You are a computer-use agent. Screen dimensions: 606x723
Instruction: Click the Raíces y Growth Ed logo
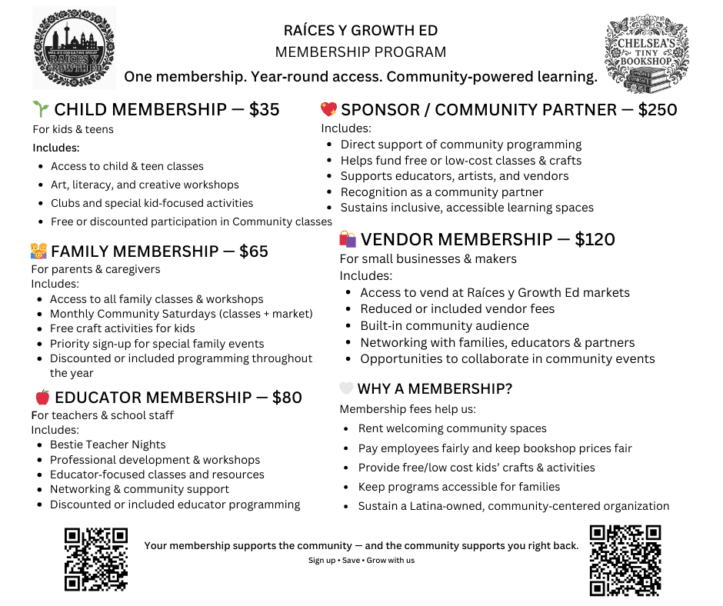74,48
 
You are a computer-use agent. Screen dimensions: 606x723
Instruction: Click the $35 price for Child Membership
264,109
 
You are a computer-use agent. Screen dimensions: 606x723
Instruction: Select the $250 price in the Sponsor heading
658,109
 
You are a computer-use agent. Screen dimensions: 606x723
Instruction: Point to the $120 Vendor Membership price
595,239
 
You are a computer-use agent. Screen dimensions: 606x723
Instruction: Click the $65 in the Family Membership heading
253,251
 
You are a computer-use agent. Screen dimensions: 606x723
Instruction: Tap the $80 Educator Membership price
286,398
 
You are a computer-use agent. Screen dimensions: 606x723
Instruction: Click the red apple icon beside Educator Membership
42,397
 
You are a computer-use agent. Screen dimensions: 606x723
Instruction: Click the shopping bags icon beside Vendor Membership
348,239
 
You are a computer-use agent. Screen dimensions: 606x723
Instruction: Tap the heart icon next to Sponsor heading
328,109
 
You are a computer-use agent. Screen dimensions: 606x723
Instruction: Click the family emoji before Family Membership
38,251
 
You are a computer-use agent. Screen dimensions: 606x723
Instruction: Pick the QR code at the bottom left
95,559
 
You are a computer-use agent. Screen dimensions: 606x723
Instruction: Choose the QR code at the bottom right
625,560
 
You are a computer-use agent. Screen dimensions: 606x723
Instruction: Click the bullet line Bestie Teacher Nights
108,445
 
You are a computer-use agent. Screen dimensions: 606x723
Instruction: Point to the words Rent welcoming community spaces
452,428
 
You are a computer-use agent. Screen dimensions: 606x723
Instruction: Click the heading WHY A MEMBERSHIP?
435,388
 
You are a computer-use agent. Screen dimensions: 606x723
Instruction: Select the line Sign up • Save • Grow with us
361,560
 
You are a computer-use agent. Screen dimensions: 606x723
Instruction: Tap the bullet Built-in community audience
445,325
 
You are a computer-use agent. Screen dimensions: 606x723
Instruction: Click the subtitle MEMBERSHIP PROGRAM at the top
361,52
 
